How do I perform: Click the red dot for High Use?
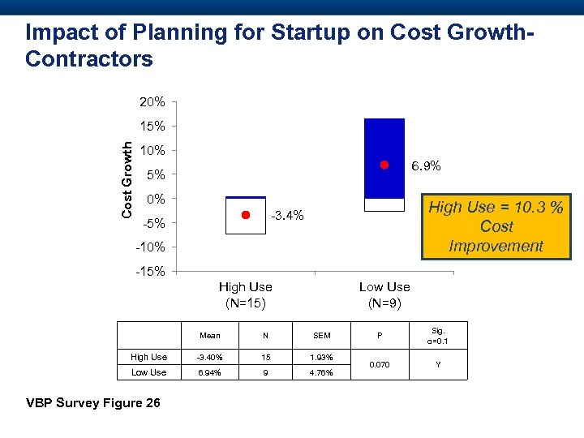(245, 215)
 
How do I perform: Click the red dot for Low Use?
(384, 165)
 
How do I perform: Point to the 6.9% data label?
(425, 166)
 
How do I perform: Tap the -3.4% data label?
(287, 216)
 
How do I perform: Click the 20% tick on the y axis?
(152, 102)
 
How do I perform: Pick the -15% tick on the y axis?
(150, 271)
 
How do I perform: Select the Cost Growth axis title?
(127, 178)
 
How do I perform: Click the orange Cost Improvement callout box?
(496, 225)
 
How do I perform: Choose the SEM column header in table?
(322, 335)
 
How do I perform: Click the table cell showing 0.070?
(380, 364)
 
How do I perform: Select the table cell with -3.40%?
(210, 357)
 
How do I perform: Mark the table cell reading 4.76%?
(322, 372)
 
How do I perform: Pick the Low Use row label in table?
(148, 372)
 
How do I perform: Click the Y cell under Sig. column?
(438, 364)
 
